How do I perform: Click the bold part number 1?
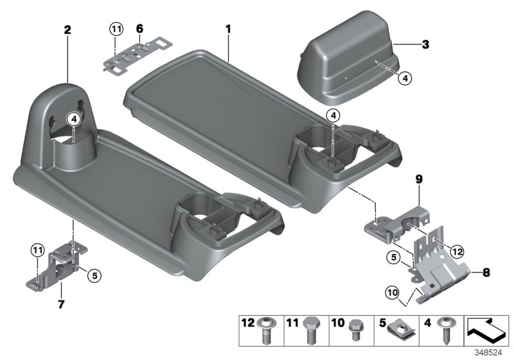tap(227, 29)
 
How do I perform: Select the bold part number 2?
tap(67, 29)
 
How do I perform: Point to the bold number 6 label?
tap(139, 29)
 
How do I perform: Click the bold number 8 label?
tap(486, 273)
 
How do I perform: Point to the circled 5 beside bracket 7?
tap(94, 276)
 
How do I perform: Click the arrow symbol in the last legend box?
tap(486, 331)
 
